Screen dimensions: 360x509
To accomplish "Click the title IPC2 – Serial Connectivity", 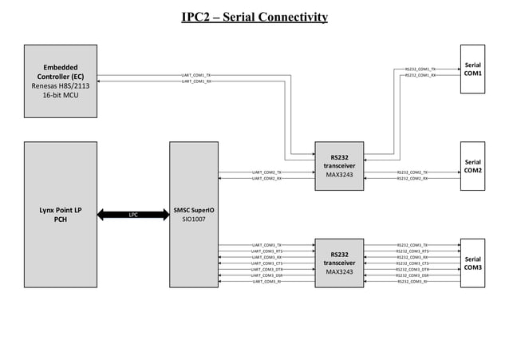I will (254, 18).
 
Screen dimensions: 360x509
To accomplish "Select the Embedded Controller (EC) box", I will (60, 81).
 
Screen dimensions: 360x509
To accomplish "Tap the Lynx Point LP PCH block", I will (60, 215).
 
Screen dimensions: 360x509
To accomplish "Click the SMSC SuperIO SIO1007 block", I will (194, 215).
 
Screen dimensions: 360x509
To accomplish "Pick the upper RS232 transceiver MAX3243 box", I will (339, 166).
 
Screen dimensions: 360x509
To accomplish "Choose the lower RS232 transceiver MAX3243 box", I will (339, 263).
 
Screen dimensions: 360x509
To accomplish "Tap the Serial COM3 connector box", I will (472, 263).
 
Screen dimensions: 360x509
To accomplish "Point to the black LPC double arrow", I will (133, 215).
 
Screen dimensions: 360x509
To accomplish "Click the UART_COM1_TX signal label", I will (195, 75).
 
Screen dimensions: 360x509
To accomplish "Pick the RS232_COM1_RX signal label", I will (420, 75).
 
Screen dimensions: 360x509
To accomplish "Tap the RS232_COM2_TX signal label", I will (412, 172).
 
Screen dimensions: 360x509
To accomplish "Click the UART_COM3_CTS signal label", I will (266, 263).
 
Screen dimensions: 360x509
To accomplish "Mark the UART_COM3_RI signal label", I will (266, 282).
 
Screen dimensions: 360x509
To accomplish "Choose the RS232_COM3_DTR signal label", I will (412, 270).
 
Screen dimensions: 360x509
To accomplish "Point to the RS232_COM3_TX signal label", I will (412, 245).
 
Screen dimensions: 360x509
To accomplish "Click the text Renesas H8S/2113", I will (60, 85).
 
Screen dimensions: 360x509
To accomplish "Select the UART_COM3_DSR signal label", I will (266, 275).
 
